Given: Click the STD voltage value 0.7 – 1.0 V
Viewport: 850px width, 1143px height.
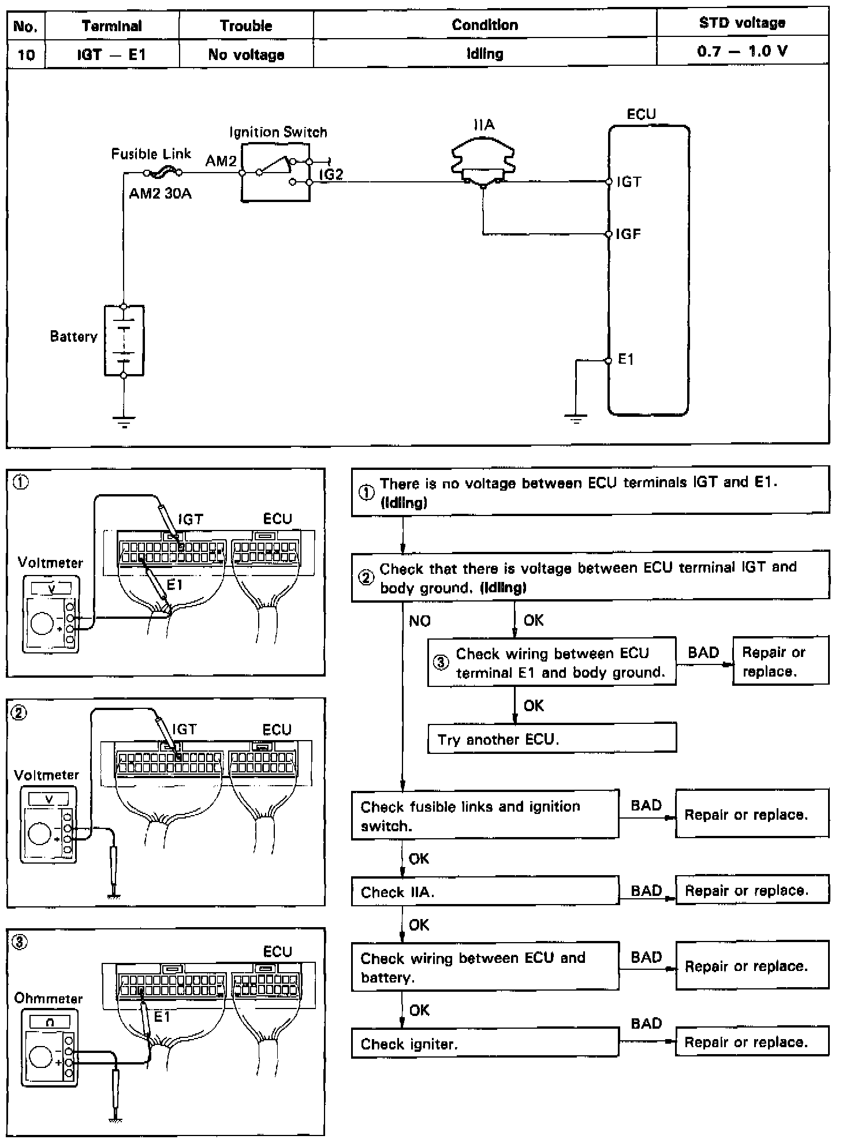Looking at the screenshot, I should (742, 51).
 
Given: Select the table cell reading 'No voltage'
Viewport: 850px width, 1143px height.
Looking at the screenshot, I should (246, 55).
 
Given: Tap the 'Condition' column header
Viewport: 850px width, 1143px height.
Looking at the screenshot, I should (484, 25).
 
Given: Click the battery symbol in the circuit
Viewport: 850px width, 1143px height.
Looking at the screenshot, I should (124, 341).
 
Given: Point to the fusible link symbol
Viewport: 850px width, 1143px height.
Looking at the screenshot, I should (162, 171).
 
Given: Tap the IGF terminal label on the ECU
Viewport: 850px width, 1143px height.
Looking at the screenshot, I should (628, 234).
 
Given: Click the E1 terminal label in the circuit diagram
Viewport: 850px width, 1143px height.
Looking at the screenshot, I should (626, 360).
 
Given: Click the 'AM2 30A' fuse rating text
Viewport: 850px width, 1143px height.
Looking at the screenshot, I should (160, 194).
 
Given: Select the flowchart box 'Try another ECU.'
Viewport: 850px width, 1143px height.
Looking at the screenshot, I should (551, 739).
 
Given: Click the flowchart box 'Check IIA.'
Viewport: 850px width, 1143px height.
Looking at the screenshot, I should (484, 892).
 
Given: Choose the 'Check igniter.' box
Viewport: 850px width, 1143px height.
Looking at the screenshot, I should (484, 1044).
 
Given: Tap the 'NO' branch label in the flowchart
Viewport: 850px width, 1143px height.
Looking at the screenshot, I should (420, 621).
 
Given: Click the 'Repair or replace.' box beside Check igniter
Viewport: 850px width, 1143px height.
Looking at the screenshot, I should (751, 1043).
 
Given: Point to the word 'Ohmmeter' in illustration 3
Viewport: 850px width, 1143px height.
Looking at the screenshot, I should (48, 998).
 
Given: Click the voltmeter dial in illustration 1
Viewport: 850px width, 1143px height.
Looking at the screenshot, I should (42, 623).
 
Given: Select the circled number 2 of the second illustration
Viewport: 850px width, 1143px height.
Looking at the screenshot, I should (19, 713).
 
